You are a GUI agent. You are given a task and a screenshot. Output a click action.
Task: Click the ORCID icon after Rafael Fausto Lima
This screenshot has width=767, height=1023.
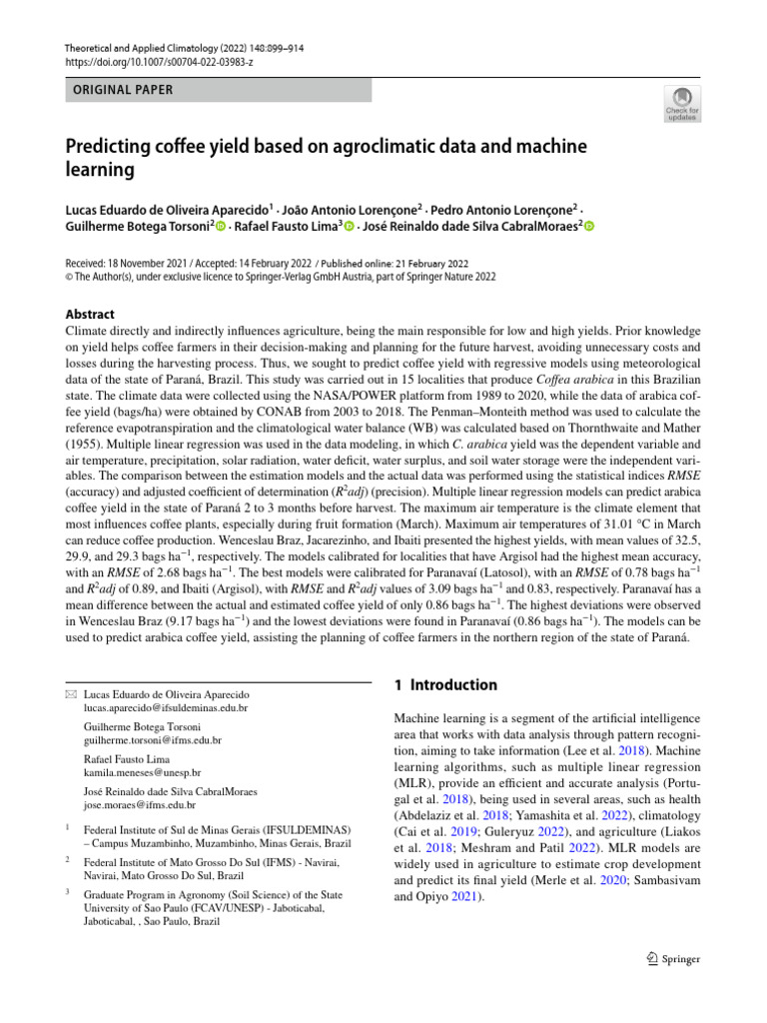click(x=349, y=227)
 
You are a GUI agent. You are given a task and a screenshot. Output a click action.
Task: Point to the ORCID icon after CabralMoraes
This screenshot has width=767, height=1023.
click(x=589, y=227)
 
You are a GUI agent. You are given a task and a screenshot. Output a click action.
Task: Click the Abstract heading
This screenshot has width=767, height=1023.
click(x=90, y=314)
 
